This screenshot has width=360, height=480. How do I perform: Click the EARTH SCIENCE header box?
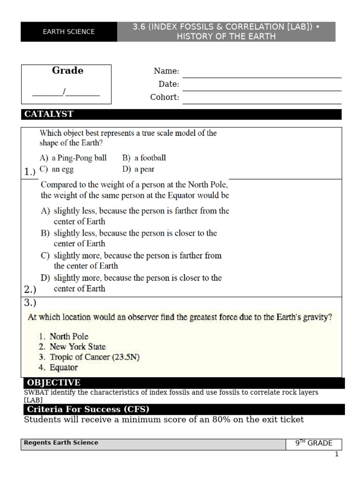tap(68, 32)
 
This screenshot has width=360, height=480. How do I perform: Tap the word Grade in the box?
tap(67, 71)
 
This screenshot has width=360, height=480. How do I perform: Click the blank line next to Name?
tap(262, 74)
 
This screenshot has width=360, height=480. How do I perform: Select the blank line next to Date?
tap(262, 87)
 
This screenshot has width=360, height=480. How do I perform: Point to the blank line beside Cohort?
tap(262, 100)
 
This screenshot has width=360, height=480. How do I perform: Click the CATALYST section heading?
tap(49, 114)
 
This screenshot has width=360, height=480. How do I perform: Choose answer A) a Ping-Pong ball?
tap(73, 158)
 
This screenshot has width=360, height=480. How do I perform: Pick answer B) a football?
tap(144, 158)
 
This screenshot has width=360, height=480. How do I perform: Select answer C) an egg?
tap(57, 169)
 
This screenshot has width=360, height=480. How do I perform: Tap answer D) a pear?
tap(138, 169)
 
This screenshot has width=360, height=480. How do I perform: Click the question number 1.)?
tap(30, 172)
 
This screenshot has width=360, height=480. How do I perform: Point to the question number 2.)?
tap(30, 290)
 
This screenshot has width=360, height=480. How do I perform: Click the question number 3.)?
tap(30, 303)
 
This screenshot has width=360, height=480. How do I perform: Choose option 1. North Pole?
tap(64, 337)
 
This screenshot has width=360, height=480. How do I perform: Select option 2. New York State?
tap(72, 347)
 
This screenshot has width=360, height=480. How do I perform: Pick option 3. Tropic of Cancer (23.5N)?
tap(89, 357)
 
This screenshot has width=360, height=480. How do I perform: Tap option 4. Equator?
tap(59, 368)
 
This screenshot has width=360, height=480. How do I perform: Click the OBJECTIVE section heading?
tap(53, 383)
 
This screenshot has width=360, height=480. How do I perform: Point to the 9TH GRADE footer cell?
tap(314, 443)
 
